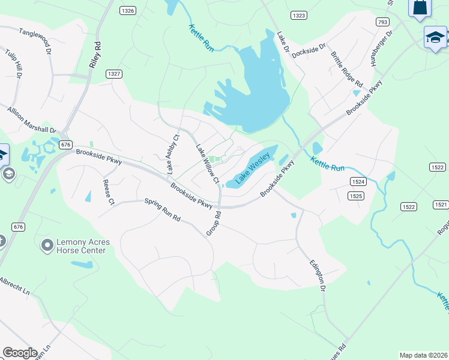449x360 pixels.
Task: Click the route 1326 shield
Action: [x=127, y=11]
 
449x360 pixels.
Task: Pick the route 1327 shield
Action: [x=113, y=73]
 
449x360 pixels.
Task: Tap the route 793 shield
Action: [x=382, y=22]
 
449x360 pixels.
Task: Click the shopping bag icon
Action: [x=420, y=7]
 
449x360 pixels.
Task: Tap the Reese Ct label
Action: [x=108, y=192]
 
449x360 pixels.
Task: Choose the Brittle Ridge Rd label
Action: [x=346, y=69]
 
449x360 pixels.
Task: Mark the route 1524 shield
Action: [x=358, y=181]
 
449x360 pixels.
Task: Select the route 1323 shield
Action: [x=298, y=14]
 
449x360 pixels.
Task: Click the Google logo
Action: [x=20, y=353]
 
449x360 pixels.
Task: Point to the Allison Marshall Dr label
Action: [x=32, y=120]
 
